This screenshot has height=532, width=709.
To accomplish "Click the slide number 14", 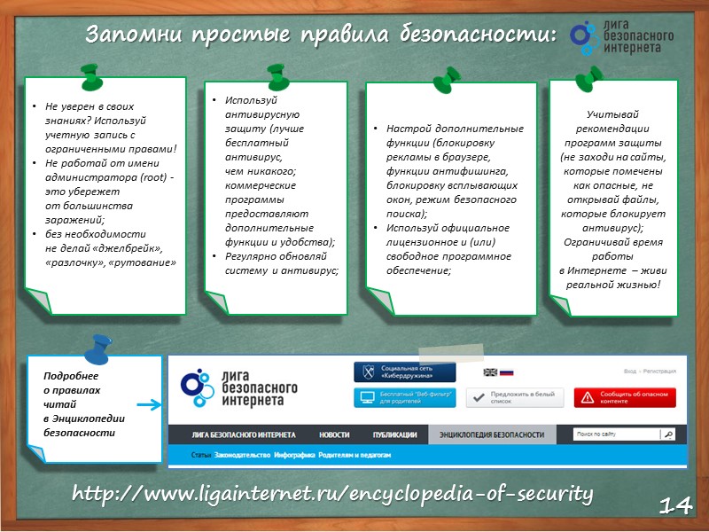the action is pyautogui.click(x=676, y=505).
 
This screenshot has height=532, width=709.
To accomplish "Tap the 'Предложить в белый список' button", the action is pyautogui.click(x=516, y=397).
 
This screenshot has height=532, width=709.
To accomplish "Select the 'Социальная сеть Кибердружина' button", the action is pyautogui.click(x=404, y=372).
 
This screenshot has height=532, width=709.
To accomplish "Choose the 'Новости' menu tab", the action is pyautogui.click(x=334, y=435).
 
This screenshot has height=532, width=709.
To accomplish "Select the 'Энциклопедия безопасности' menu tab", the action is pyautogui.click(x=492, y=435).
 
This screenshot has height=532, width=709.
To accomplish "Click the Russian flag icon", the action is pyautogui.click(x=507, y=372).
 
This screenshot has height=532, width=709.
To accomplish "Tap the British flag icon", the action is pyautogui.click(x=490, y=372).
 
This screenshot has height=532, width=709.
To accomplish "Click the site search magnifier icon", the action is pyautogui.click(x=668, y=435).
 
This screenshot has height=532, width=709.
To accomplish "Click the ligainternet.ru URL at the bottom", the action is pyautogui.click(x=331, y=492).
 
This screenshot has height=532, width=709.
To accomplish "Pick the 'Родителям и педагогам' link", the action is pyautogui.click(x=355, y=455).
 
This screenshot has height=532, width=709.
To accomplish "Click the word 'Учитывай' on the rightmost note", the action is pyautogui.click(x=612, y=114).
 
